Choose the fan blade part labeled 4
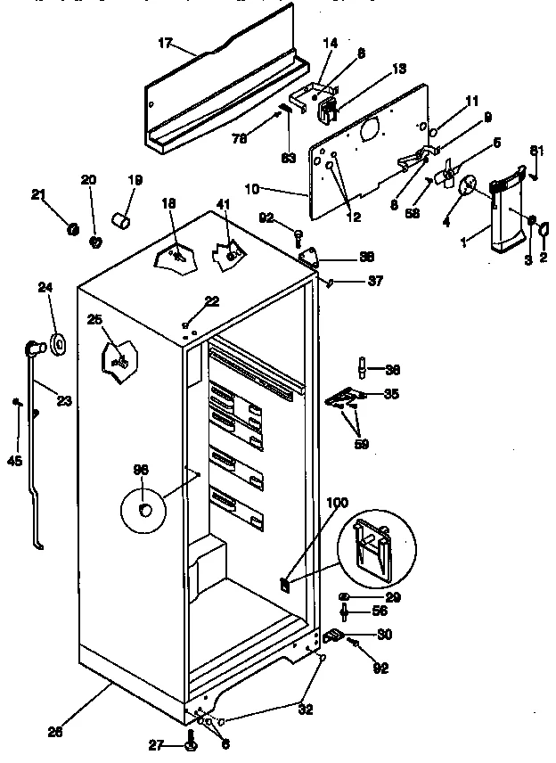[x=466, y=185]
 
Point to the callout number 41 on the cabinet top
[x=223, y=205]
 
